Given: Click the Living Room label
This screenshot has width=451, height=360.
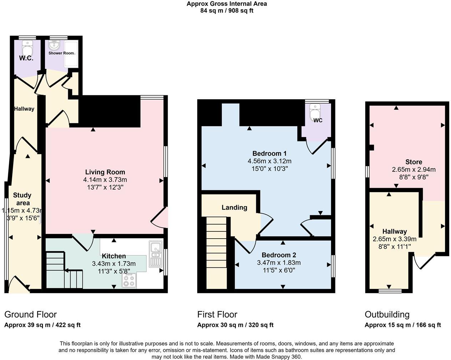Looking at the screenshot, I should pyautogui.click(x=105, y=172).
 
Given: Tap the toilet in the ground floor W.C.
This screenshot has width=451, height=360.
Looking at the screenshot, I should pyautogui.click(x=27, y=47).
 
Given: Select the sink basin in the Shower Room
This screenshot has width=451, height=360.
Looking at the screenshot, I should pyautogui.click(x=55, y=45).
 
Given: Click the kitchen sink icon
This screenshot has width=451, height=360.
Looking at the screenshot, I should pyautogui.click(x=155, y=254).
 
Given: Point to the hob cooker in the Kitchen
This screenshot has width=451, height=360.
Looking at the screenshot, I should pyautogui.click(x=129, y=280).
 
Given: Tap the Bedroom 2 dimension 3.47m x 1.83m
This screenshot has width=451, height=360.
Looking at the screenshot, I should pyautogui.click(x=279, y=262).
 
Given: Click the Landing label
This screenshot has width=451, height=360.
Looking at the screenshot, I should pyautogui.click(x=234, y=207).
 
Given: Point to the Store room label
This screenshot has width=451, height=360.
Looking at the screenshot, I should pyautogui.click(x=414, y=162).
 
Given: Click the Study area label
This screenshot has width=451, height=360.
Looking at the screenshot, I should pyautogui.click(x=22, y=199).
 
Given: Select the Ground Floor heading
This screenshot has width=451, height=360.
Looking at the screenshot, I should pyautogui.click(x=30, y=314).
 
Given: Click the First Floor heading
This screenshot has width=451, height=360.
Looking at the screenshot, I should pyautogui.click(x=217, y=314).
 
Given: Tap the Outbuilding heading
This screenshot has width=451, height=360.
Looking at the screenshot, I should pyautogui.click(x=387, y=314).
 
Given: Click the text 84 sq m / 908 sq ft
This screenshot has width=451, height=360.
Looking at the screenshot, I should pyautogui.click(x=227, y=10).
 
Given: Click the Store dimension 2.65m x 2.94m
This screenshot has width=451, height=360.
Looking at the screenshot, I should pyautogui.click(x=414, y=169).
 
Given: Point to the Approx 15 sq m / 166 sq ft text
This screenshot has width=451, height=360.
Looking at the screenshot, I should pyautogui.click(x=402, y=325).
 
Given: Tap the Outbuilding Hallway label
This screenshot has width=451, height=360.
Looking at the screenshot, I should pyautogui.click(x=394, y=231).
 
